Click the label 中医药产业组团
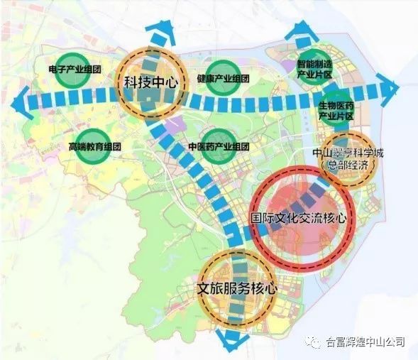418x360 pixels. tap(219, 146)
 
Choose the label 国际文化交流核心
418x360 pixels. tap(299, 218)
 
